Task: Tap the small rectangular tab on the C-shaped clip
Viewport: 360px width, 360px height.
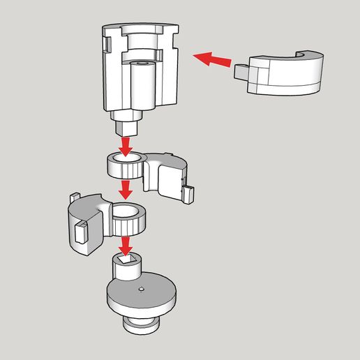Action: [243, 71]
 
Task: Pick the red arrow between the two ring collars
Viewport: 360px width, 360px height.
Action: [126, 188]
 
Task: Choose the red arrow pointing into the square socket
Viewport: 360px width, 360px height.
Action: [126, 244]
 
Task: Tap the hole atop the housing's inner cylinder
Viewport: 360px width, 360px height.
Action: [142, 63]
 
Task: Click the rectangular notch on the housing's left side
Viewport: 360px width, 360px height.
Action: [109, 44]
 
